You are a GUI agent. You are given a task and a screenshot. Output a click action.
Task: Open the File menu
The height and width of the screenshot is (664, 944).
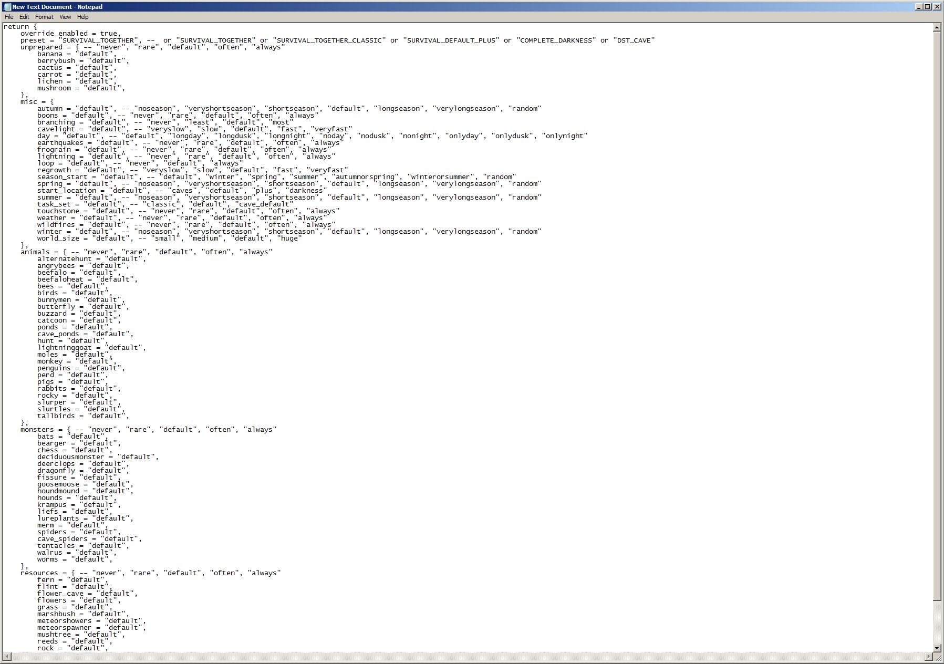click(x=9, y=17)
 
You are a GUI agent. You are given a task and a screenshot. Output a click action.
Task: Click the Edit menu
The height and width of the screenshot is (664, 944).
click(x=24, y=17)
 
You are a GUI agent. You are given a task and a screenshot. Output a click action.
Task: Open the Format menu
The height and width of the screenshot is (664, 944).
click(x=44, y=17)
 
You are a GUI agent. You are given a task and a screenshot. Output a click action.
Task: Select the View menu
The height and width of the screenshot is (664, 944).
click(x=65, y=17)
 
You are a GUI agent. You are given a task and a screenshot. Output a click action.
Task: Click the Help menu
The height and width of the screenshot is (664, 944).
click(x=83, y=17)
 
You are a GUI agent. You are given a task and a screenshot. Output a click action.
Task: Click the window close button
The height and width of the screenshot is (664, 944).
click(x=937, y=7)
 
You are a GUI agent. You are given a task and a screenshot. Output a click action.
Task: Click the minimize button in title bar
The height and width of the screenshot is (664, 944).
click(x=919, y=7)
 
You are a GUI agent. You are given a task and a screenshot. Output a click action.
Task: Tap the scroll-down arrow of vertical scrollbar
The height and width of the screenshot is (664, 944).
click(x=937, y=648)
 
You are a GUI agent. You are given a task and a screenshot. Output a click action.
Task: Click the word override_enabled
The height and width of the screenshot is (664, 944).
click(x=54, y=34)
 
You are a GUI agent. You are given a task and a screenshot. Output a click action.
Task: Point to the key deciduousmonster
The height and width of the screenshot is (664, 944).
click(x=71, y=457)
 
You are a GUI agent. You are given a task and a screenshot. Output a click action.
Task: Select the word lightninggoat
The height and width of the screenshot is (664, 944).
click(x=64, y=348)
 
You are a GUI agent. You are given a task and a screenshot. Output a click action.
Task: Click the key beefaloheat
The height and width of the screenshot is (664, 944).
click(x=60, y=279)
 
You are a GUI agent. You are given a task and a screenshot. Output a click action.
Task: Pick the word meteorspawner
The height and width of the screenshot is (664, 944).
click(x=64, y=628)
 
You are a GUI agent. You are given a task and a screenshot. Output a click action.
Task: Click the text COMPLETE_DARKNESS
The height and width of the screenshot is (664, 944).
click(x=556, y=40)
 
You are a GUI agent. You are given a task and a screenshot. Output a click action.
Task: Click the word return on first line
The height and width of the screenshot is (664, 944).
click(x=16, y=27)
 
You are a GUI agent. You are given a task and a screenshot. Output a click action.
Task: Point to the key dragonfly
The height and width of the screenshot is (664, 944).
click(x=56, y=471)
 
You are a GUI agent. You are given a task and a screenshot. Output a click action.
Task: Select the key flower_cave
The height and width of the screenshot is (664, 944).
click(x=60, y=594)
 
